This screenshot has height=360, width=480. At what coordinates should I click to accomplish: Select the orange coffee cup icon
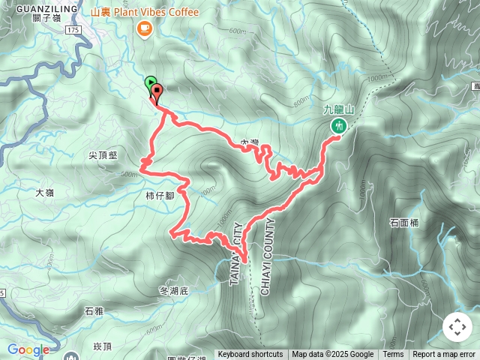click(145, 28)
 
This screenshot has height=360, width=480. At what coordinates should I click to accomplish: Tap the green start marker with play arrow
click(150, 83)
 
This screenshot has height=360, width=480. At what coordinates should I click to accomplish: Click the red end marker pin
click(157, 94)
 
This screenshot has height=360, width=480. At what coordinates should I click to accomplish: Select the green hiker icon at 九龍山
click(338, 126)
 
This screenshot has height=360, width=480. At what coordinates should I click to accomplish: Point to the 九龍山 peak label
click(337, 109)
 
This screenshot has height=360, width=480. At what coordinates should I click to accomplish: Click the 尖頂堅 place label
click(103, 155)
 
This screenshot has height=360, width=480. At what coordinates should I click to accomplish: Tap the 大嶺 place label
click(45, 193)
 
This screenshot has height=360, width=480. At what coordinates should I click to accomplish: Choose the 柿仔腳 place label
click(160, 195)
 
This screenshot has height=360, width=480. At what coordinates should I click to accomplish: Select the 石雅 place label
click(94, 310)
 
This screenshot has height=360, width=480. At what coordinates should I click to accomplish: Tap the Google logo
click(28, 349)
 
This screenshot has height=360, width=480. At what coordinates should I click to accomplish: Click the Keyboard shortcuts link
click(250, 355)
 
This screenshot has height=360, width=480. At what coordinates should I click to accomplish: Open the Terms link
click(393, 355)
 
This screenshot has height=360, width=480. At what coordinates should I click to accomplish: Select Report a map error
click(444, 355)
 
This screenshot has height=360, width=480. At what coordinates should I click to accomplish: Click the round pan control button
click(457, 327)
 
